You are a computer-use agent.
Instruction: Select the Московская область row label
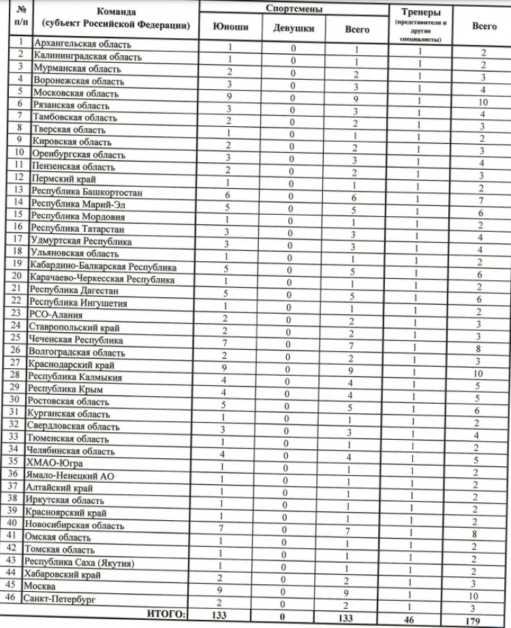[74, 93]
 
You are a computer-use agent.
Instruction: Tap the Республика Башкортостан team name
[86, 192]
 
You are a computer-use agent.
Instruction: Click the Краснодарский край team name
[71, 365]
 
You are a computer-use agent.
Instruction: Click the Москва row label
[39, 586]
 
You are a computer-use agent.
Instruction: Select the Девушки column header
[294, 29]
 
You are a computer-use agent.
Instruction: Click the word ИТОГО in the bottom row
[166, 614]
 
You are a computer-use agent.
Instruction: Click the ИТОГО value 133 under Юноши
[230, 615]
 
